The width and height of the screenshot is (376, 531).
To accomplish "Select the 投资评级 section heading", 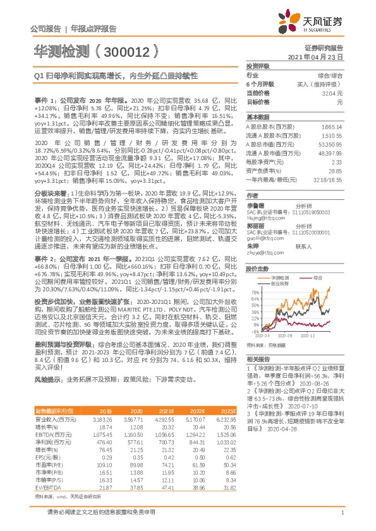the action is (x=257, y=66).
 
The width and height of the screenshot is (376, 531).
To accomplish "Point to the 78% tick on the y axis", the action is (x=254, y=274).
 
